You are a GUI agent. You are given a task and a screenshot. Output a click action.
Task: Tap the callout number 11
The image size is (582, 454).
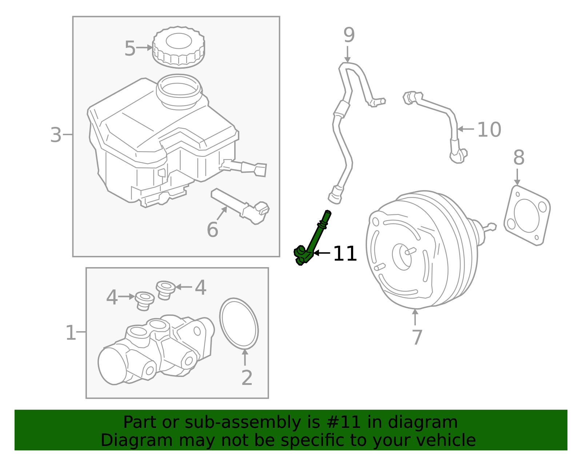(345, 254)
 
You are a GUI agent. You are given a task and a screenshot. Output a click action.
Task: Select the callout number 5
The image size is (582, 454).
(130, 48)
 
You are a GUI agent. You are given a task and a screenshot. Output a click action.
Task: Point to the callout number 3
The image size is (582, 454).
(56, 135)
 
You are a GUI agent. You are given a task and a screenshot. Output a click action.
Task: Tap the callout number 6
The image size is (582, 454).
(212, 230)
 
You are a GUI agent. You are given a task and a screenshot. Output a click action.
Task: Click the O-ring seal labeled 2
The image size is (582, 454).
(239, 324)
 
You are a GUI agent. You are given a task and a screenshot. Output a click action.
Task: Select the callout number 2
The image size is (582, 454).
(247, 378)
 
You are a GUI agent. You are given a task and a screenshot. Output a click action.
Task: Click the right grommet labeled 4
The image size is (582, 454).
(166, 289)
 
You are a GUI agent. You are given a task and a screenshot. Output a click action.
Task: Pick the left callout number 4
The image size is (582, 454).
(112, 298)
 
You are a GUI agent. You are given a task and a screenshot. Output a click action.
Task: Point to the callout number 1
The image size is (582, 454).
(71, 333)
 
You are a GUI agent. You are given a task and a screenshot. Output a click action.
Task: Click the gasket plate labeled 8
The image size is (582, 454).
(527, 215)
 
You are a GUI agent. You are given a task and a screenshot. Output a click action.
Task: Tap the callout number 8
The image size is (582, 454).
(519, 158)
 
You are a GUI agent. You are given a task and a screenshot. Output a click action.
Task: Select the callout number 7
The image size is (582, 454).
(417, 337)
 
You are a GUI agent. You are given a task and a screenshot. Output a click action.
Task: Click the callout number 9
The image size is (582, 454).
(349, 35)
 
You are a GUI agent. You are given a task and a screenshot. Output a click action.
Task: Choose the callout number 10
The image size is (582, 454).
(489, 130)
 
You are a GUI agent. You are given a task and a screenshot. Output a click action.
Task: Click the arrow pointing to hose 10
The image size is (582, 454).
(465, 129)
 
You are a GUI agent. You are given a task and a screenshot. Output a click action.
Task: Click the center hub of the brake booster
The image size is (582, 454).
(402, 257)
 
